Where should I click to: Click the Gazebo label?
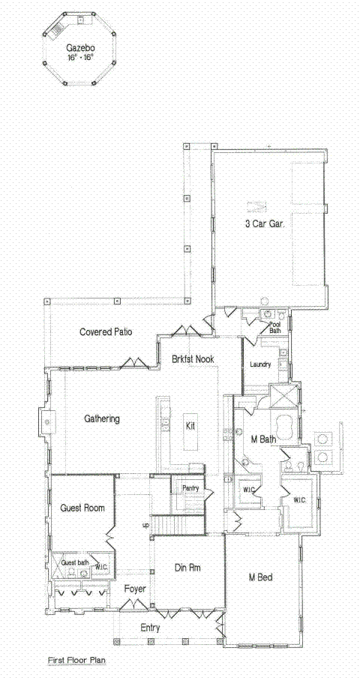coord(79,46)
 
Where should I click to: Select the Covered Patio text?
coord(107,331)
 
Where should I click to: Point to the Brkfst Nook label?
coord(192,359)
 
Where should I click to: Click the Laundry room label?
coord(260,365)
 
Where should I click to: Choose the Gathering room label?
coord(102,418)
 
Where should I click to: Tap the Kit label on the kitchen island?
coord(190,425)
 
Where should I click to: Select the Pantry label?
coord(190,487)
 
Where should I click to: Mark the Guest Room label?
coord(81,508)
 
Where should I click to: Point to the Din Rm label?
coord(187,568)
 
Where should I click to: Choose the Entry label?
coord(150,627)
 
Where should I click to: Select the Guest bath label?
coord(74,562)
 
